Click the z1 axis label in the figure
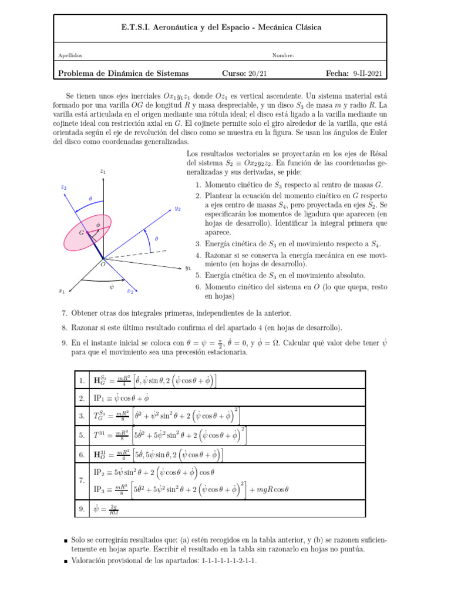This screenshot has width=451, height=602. point(103,172)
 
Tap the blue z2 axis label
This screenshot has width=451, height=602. point(63,188)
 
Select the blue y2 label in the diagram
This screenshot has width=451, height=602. point(177,209)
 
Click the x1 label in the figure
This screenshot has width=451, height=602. point(61,290)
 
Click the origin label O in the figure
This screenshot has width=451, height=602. point(102,265)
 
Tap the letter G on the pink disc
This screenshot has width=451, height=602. point(82,233)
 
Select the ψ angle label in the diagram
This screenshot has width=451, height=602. point(111,287)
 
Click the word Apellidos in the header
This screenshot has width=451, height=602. point(70,56)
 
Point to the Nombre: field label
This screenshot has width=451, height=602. point(283,56)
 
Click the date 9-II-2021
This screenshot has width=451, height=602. point(368,73)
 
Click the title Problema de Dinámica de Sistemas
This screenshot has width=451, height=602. point(123,73)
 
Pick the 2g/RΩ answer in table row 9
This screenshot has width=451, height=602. point(115,510)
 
